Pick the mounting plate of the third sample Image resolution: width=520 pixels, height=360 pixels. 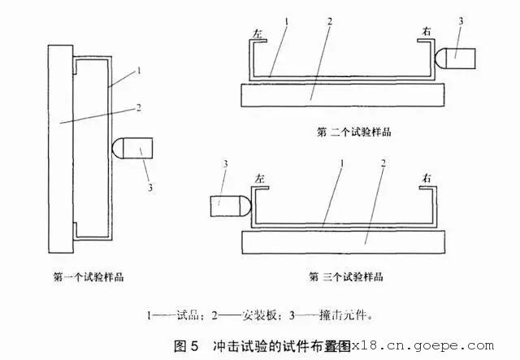pyautogui.click(x=344, y=241)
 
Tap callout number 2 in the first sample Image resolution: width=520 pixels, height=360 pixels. pyautogui.click(x=140, y=106)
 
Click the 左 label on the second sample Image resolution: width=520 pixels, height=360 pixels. pyautogui.click(x=256, y=35)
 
